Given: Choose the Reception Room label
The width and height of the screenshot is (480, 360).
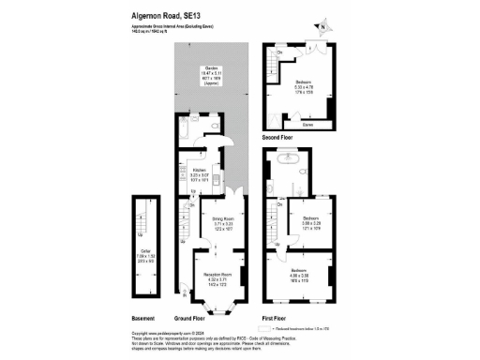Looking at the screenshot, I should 217,278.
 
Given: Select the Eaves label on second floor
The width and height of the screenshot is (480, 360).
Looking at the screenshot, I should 307,123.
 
